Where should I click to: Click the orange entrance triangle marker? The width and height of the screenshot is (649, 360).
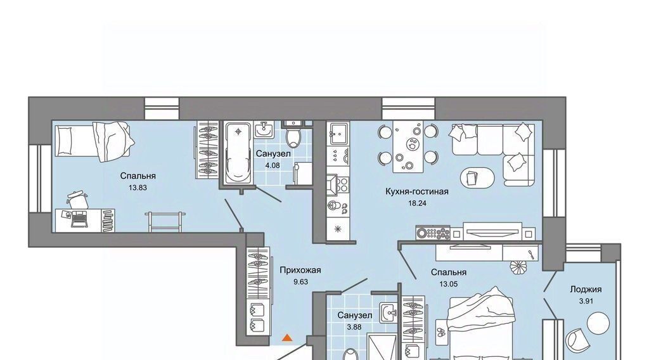(287, 338)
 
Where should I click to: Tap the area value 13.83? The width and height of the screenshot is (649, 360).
(138, 188)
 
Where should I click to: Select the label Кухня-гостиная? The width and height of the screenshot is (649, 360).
(417, 191)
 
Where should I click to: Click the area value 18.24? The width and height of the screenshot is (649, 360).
(417, 203)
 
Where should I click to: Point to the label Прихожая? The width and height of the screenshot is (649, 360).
(300, 270)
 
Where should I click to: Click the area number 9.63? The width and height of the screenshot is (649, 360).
(300, 282)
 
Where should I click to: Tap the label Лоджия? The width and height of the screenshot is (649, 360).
(586, 290)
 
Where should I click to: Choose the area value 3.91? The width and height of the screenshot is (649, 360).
(586, 301)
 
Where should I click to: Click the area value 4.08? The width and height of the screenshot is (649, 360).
(273, 165)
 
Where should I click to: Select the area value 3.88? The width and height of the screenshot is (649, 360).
(354, 327)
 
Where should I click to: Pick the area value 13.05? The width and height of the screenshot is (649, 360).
(448, 284)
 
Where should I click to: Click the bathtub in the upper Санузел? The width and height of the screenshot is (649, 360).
(238, 152)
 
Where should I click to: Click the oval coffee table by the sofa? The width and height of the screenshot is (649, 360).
(477, 178)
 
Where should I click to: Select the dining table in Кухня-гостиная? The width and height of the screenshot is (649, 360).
(408, 146)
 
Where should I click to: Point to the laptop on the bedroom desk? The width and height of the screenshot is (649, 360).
(79, 219)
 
